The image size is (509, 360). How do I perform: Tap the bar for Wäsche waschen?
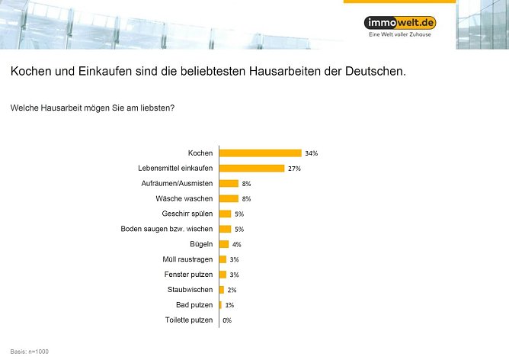tap(229, 199)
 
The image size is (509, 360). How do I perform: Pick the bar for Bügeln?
tap(224, 244)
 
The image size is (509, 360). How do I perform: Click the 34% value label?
tap(310, 153)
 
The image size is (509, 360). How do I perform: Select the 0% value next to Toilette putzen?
tap(227, 320)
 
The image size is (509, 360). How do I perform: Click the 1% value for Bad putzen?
tap(229, 305)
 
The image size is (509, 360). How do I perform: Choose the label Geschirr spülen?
tap(187, 214)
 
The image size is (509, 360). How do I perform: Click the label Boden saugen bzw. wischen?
tap(167, 229)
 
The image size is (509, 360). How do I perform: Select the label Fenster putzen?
tap(188, 275)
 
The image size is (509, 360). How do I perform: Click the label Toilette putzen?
tap(188, 320)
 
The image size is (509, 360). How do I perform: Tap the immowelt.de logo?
tap(399, 22)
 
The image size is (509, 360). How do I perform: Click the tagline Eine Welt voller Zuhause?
tap(400, 35)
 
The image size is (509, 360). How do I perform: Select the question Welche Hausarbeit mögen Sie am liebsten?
tap(92, 108)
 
